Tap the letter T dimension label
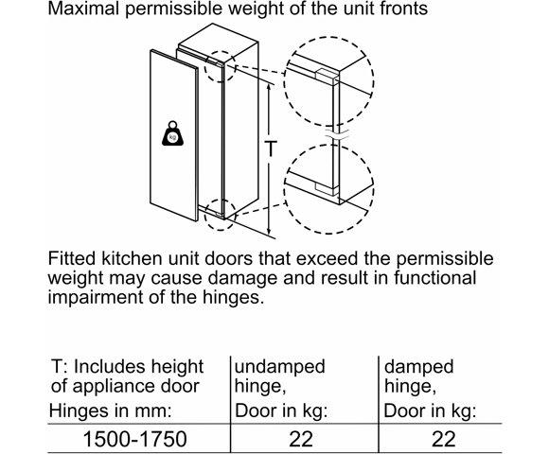pyautogui.click(x=271, y=148)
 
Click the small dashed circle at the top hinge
pyautogui.click(x=220, y=67)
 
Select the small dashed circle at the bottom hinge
pyautogui.click(x=220, y=215)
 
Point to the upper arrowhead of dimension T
pyautogui.click(x=269, y=87)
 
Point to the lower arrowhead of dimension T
pyautogui.click(x=269, y=231)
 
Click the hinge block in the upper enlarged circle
pyautogui.click(x=327, y=77)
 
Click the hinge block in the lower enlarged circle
pyautogui.click(x=327, y=188)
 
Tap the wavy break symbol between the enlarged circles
pyautogui.click(x=337, y=134)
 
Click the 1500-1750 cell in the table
pyautogui.click(x=134, y=439)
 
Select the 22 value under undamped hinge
pyautogui.click(x=301, y=439)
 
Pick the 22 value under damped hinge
pyautogui.click(x=443, y=439)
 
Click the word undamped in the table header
pyautogui.click(x=280, y=368)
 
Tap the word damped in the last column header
pyautogui.click(x=418, y=368)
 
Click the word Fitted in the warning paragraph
pyautogui.click(x=71, y=259)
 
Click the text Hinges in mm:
pyautogui.click(x=111, y=410)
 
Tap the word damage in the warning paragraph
pyautogui.click(x=243, y=279)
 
